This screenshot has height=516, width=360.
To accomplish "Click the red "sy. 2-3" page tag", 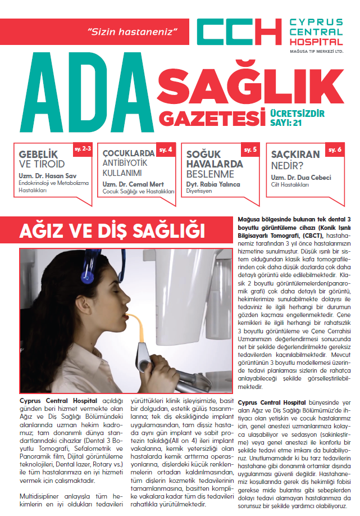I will click(82, 150).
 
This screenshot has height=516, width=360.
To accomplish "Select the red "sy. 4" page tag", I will click(167, 150).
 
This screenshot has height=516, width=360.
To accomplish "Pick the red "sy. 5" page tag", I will click(251, 150).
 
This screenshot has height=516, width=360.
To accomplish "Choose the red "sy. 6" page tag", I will click(335, 150).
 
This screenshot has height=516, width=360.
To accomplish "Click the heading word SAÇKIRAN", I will click(295, 154).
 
